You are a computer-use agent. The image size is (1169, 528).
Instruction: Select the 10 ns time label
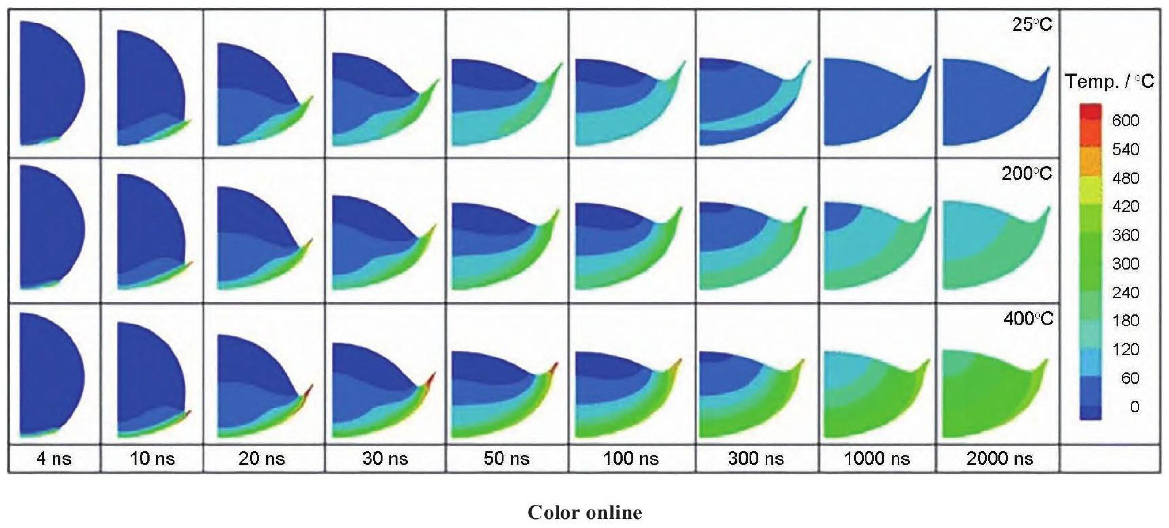click(152, 458)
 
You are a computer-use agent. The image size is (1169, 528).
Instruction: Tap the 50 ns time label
click(506, 458)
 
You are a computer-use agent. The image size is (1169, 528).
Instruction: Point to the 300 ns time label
click(756, 458)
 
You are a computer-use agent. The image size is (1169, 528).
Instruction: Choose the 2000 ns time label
click(1000, 458)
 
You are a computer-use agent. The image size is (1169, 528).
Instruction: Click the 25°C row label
click(1032, 24)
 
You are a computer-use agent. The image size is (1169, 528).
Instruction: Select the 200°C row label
click(1026, 173)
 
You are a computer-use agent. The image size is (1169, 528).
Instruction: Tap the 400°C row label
click(1028, 319)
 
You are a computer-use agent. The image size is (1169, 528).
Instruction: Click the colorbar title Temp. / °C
click(1109, 82)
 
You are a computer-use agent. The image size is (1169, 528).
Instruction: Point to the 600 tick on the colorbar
click(1126, 120)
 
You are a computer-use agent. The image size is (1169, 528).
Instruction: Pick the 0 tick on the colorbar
click(1135, 406)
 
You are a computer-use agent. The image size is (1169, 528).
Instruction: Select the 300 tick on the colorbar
click(1126, 264)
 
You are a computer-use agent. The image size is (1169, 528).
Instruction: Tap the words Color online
click(584, 513)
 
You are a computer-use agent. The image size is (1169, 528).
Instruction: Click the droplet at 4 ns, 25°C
click(50, 84)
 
